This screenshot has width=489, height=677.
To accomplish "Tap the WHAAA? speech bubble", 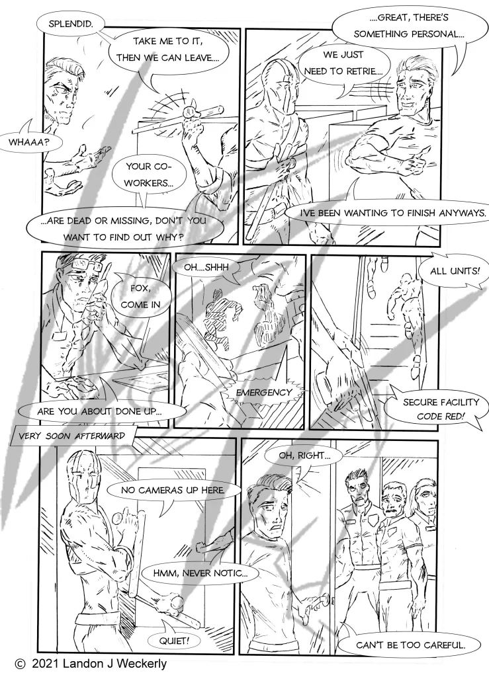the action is click(28, 141).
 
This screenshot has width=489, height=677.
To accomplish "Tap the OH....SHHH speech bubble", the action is click(206, 268).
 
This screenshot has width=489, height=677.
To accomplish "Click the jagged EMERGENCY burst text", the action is click(264, 393).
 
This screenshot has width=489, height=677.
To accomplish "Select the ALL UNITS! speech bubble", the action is click(455, 272).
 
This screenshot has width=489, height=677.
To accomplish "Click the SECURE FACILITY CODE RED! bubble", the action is click(436, 409).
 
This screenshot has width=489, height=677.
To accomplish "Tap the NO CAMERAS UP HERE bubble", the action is click(173, 490).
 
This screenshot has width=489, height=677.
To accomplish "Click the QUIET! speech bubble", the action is click(174, 641).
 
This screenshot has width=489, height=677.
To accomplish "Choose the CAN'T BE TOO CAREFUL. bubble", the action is click(410, 645).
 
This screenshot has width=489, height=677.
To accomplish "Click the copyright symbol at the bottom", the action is click(20, 664).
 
